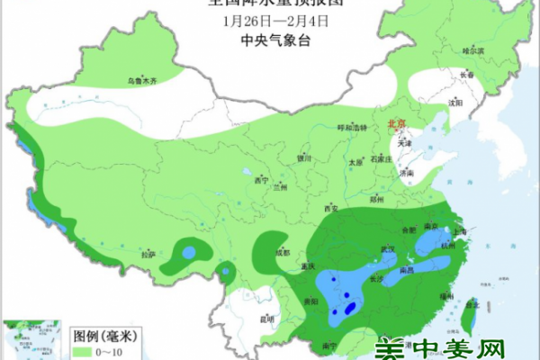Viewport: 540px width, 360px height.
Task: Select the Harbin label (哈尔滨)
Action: coord(472,50)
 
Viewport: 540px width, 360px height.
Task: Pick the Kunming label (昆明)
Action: coord(265,319)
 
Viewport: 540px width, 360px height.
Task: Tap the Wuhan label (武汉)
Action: coord(363,249)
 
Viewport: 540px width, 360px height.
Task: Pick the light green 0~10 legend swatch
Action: coord(85,349)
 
